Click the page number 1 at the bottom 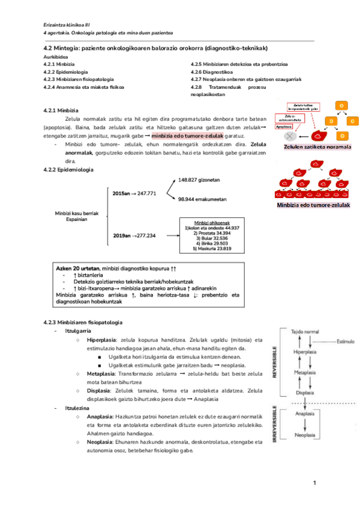pos(314,483)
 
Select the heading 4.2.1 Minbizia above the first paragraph pos(61,110)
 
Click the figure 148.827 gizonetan pos(200,179)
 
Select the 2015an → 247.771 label pos(134,193)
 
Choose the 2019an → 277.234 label pos(134,235)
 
